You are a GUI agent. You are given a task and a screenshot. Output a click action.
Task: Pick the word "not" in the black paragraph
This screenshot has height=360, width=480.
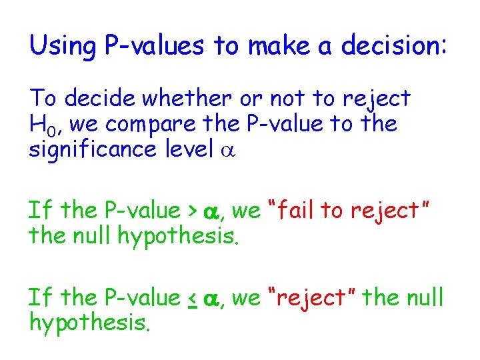coord(287,99)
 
